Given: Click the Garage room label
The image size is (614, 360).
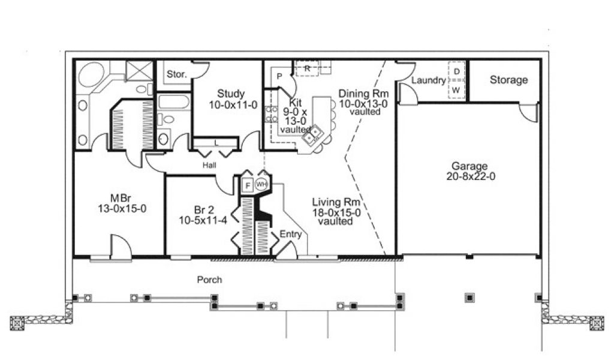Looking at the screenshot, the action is (x=469, y=166).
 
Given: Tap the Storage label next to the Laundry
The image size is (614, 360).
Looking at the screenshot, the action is (x=508, y=80).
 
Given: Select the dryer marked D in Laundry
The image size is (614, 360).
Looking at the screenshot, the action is (x=456, y=71).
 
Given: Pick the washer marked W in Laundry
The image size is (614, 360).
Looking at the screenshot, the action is (x=456, y=90).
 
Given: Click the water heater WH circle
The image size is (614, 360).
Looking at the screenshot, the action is (x=261, y=184).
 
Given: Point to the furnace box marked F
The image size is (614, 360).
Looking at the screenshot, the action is (x=248, y=185).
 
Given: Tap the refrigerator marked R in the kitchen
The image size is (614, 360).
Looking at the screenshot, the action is (x=308, y=68).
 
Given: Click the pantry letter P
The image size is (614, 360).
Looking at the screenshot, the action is (x=279, y=76).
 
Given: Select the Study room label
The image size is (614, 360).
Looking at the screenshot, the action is (x=231, y=94).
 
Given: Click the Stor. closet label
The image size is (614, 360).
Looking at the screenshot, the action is (x=177, y=74).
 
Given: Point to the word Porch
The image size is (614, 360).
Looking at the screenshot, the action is (x=209, y=280).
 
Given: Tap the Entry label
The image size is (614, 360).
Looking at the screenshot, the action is (x=291, y=234).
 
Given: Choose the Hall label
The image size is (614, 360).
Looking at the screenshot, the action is (x=209, y=166).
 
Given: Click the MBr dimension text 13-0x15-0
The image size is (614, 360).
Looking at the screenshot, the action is (x=122, y=209).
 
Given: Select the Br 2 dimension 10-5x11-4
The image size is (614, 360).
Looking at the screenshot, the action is (x=203, y=221).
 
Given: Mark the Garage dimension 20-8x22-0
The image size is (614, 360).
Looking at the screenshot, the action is (x=471, y=176).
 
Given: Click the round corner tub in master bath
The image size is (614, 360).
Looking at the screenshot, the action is (x=91, y=74).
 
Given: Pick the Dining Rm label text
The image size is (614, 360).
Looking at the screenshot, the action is (x=363, y=94).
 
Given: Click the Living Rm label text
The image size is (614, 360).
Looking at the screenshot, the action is (x=336, y=203).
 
